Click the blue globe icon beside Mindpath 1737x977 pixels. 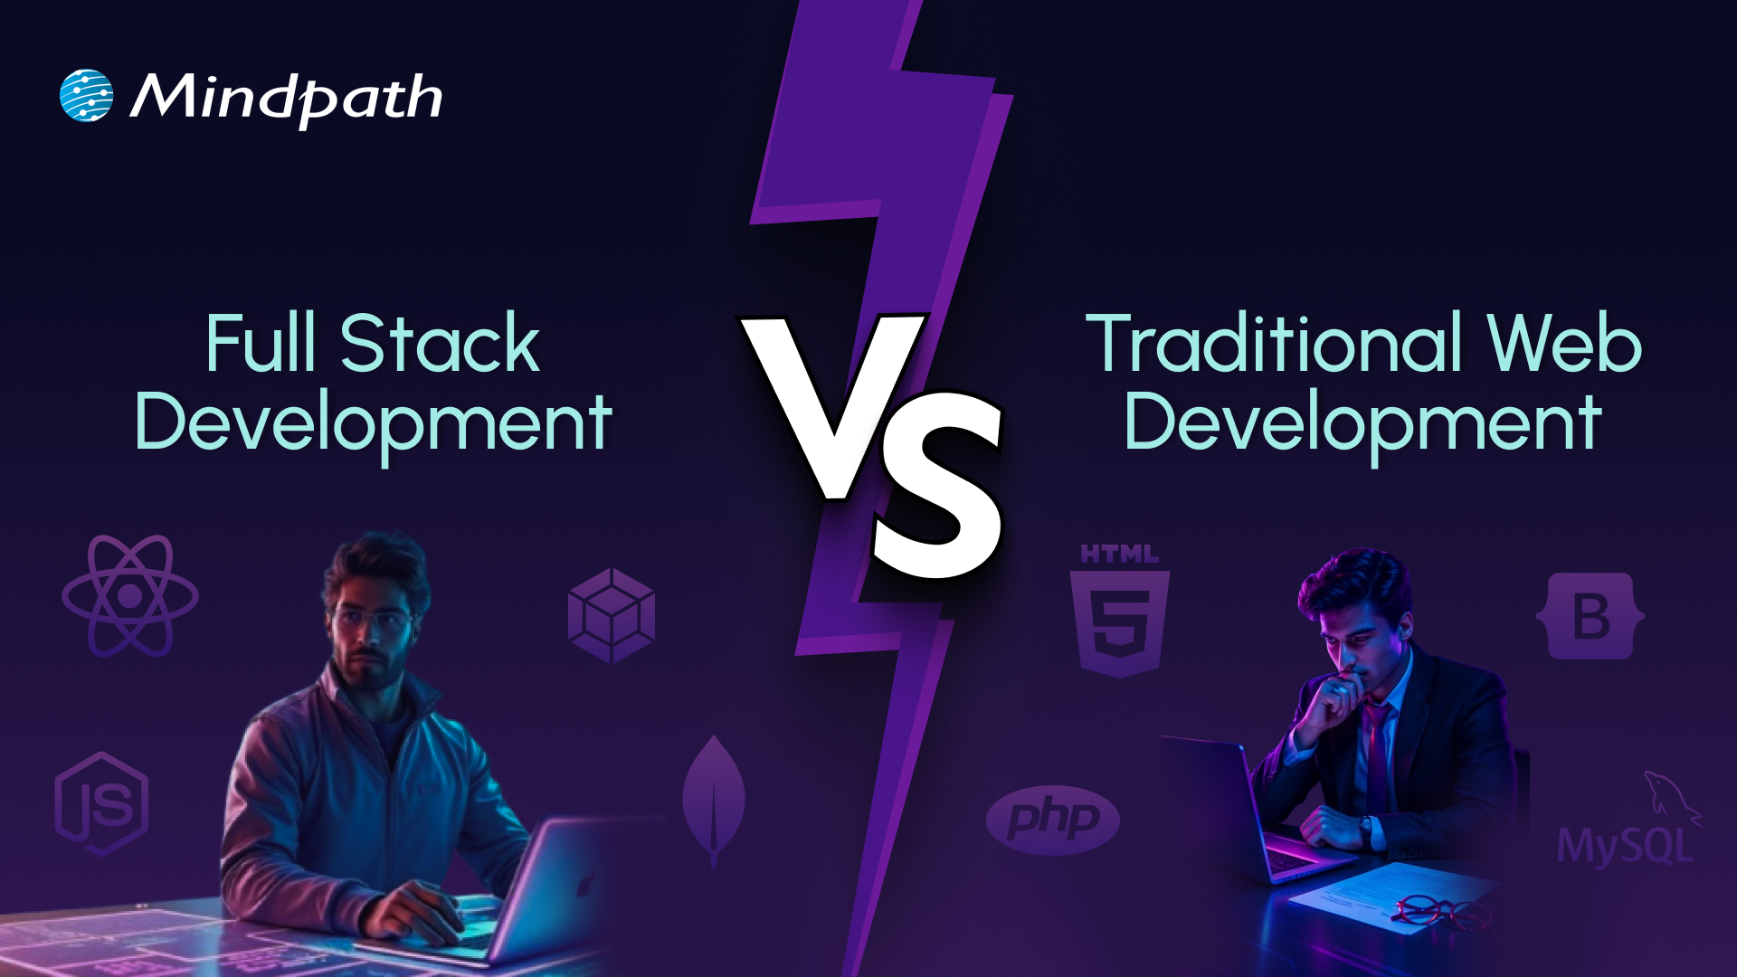86,95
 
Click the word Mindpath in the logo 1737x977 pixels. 286,98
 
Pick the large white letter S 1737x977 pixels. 938,484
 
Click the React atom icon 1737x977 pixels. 129,596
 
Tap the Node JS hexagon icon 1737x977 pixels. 101,804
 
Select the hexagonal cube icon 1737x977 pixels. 612,616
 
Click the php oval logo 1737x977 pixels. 1052,820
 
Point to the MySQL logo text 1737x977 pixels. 1625,845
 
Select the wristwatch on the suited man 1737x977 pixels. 1365,826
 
